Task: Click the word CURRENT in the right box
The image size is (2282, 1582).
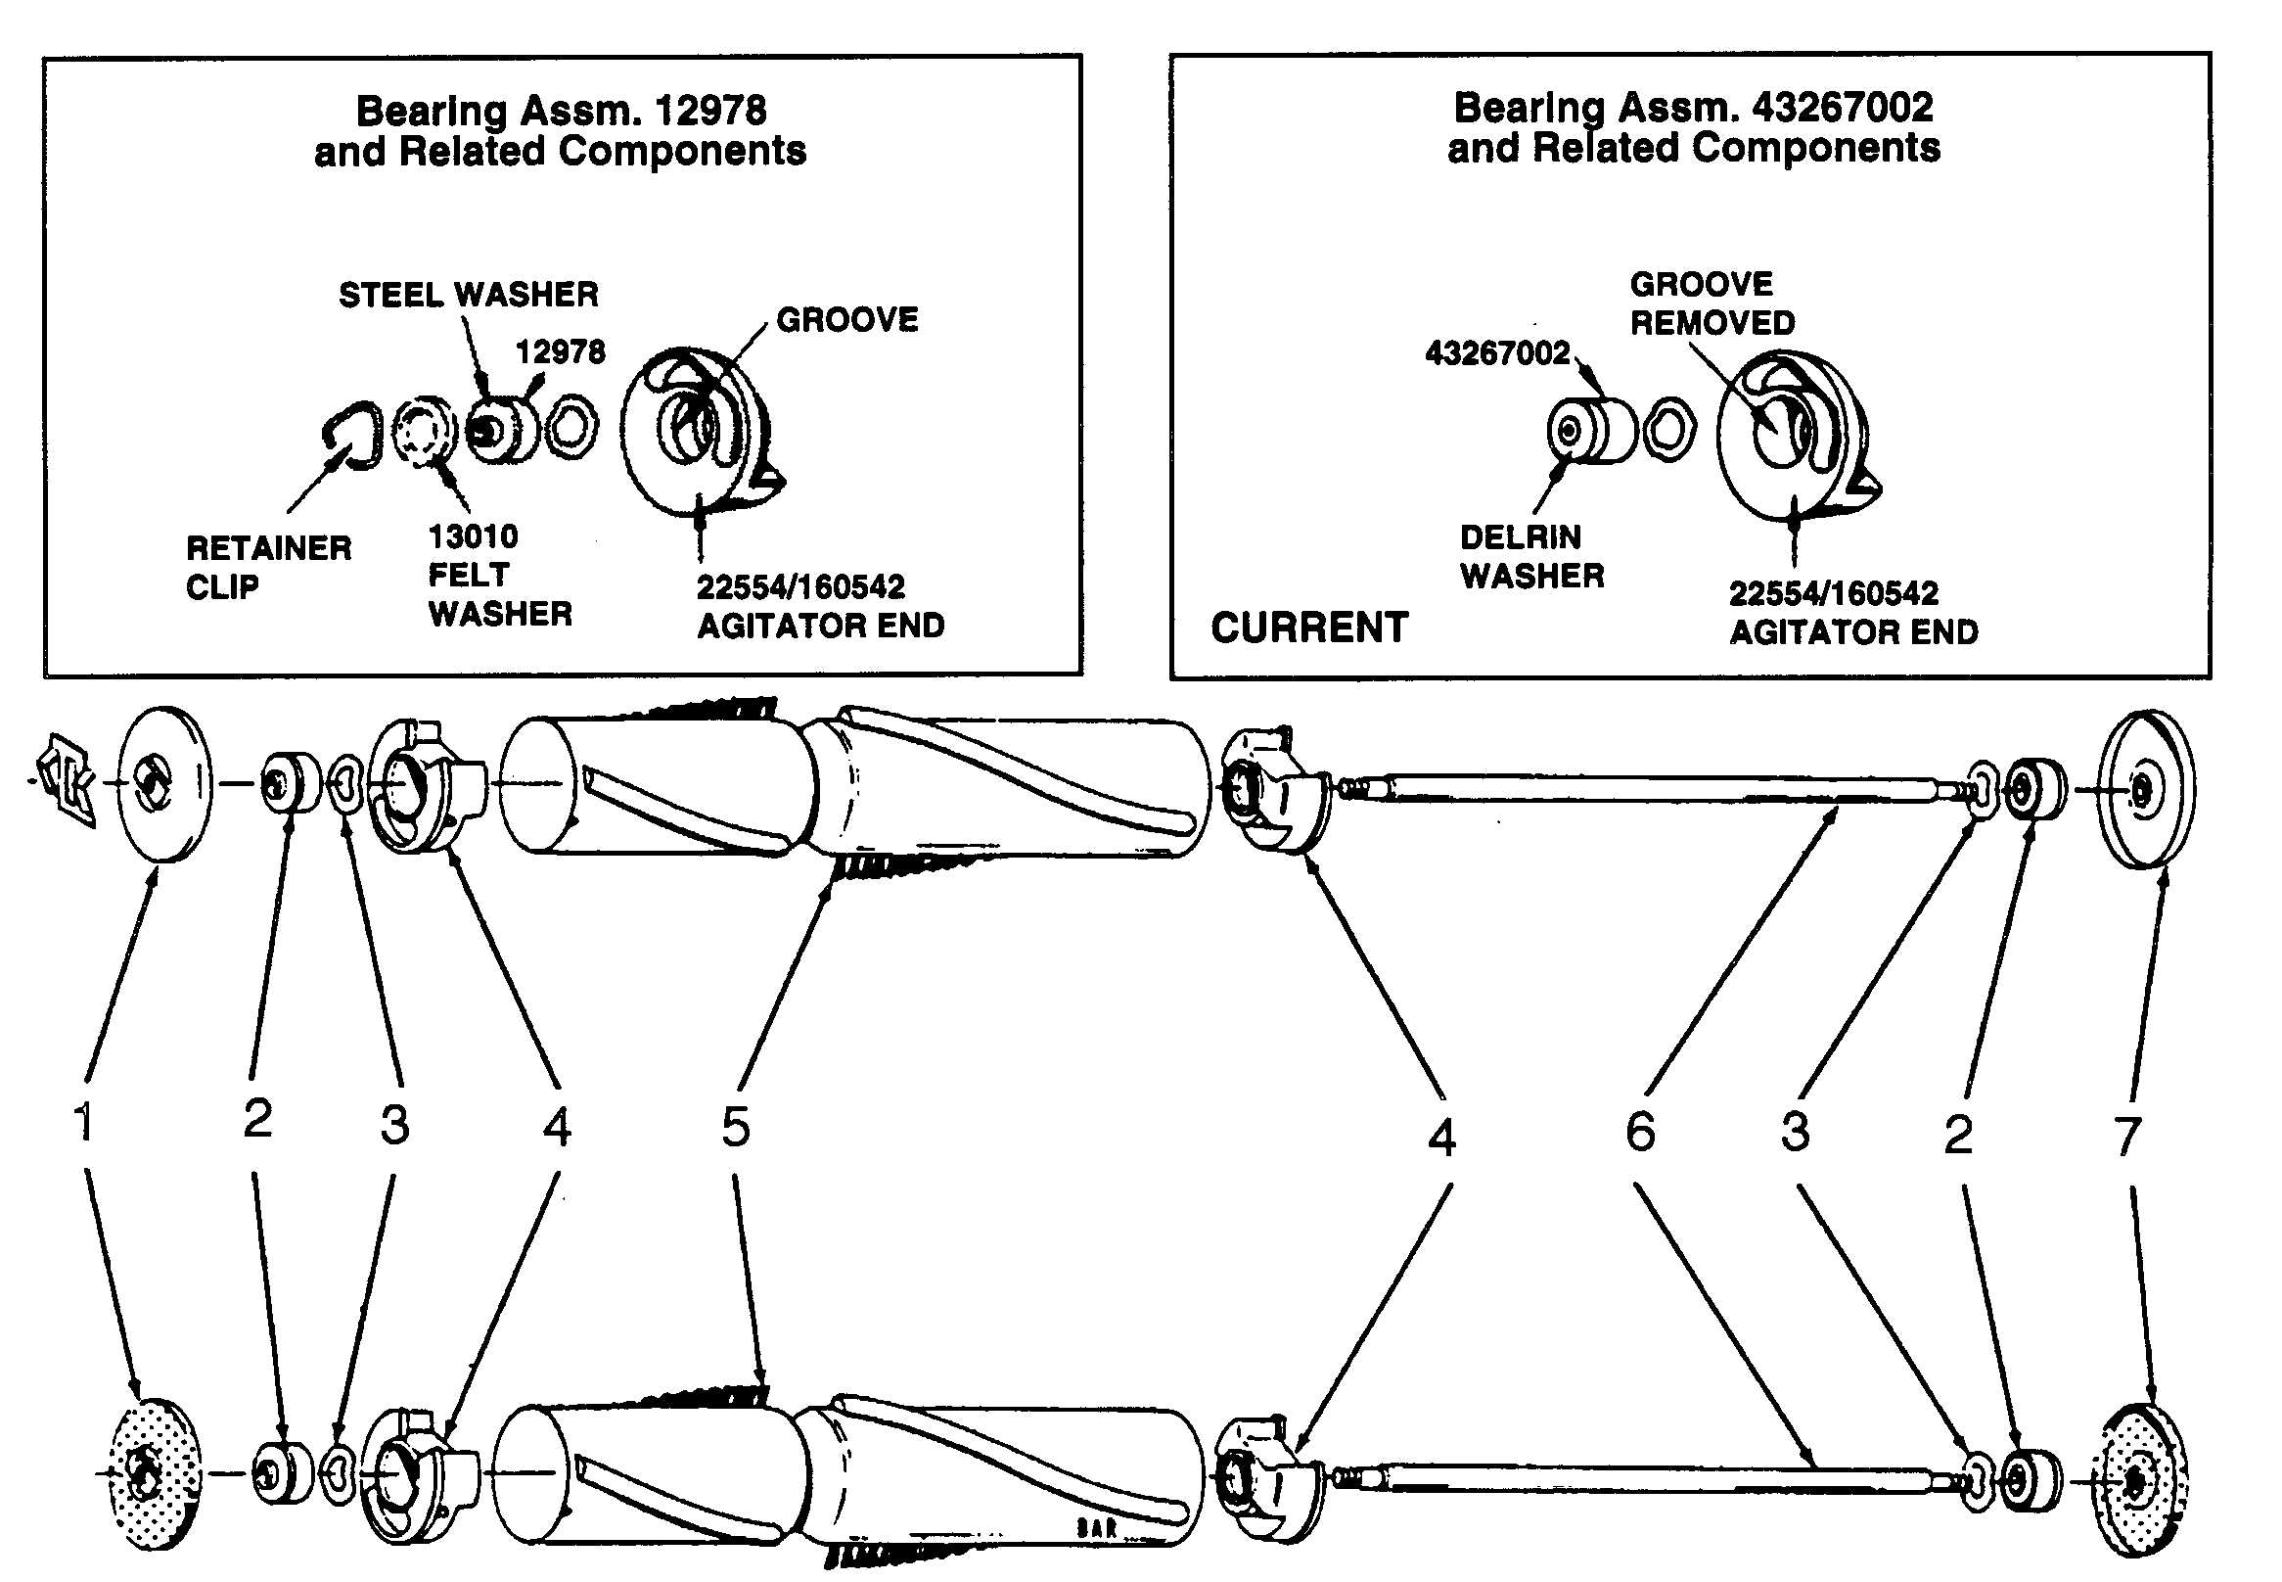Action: (x=1308, y=628)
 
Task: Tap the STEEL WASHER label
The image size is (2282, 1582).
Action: (x=468, y=295)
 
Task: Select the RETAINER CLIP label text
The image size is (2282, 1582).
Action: (x=267, y=567)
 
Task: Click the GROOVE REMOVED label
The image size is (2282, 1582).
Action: (x=1711, y=303)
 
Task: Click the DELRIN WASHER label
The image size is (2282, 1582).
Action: (x=1530, y=556)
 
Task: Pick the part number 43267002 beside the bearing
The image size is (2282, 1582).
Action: (x=1496, y=352)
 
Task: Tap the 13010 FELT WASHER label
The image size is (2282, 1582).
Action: (x=498, y=575)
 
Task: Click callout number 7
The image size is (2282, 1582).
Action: (x=2127, y=1136)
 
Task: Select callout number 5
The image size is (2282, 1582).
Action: (x=735, y=1127)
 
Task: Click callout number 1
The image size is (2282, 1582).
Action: (x=84, y=1122)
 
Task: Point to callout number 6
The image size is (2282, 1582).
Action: (x=1640, y=1131)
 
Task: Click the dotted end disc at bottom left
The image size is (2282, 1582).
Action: (x=152, y=1473)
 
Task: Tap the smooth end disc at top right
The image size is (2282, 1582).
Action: (x=2144, y=788)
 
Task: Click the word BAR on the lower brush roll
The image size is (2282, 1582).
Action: (x=1097, y=1527)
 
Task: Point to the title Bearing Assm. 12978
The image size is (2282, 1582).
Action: (x=561, y=110)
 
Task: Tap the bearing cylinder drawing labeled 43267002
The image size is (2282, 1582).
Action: (x=1590, y=430)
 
